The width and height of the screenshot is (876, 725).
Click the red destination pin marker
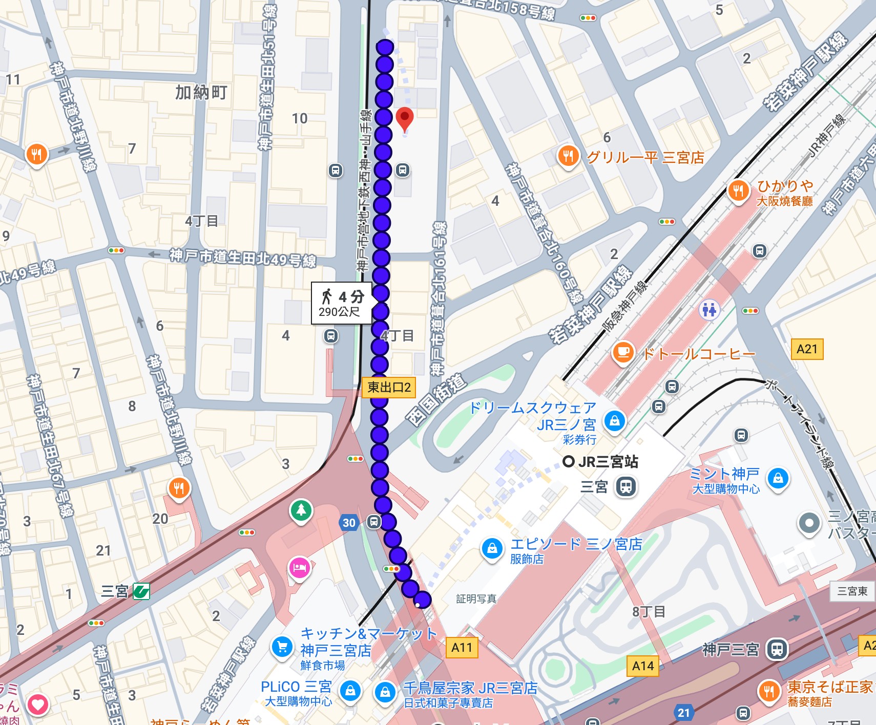[405, 119]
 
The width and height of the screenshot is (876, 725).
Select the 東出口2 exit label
[389, 387]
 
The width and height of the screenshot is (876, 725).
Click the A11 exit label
[462, 648]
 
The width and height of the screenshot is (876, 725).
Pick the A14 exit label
[643, 666]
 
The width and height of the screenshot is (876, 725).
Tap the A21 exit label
[807, 349]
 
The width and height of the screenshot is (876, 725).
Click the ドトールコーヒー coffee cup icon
[623, 352]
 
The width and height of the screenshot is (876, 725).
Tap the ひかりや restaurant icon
[738, 191]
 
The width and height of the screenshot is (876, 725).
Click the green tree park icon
[301, 510]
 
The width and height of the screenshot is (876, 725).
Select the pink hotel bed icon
[299, 567]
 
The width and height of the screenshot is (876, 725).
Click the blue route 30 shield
[349, 523]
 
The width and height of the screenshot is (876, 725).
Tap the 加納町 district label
[201, 93]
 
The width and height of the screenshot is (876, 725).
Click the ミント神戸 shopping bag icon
[778, 478]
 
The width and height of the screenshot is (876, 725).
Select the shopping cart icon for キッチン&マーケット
[282, 647]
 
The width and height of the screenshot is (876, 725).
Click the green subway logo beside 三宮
[141, 591]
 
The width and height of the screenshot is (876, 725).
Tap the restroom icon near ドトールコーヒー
[710, 309]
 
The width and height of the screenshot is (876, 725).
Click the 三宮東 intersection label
[852, 591]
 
